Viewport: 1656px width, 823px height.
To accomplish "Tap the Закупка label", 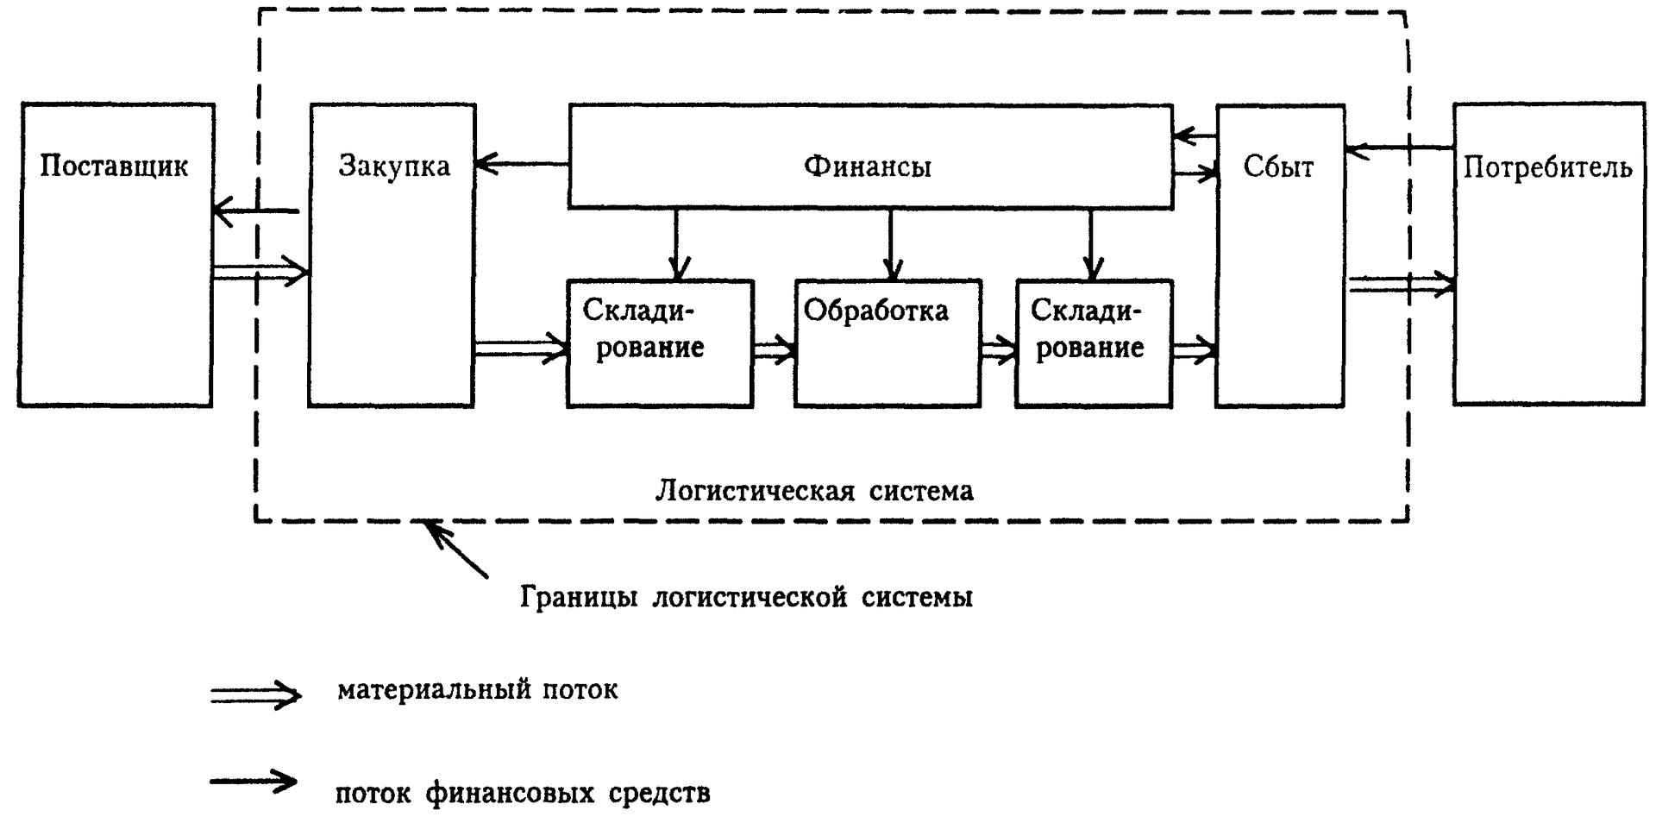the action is (394, 166).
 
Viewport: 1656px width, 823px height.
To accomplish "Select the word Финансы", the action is (868, 166).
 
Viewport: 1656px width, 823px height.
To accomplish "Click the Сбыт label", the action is (1278, 166).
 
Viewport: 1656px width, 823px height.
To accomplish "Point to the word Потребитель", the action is (1547, 167).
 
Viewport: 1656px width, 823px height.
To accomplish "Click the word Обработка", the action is (875, 311).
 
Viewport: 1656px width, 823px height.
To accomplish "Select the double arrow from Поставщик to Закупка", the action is (260, 273).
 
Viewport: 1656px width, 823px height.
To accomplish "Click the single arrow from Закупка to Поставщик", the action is (255, 210).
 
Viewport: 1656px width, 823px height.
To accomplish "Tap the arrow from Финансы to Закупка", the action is (522, 163).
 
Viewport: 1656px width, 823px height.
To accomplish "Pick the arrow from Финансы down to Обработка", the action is (891, 244).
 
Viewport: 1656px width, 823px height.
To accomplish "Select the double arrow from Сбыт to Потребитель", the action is (1400, 285).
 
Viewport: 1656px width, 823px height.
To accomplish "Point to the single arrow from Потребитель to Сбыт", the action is (1400, 148).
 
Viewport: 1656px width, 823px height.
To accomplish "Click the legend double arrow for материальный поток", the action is (256, 694).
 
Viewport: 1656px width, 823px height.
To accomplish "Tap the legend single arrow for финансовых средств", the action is (254, 782).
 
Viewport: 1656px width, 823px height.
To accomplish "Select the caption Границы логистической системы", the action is (747, 597).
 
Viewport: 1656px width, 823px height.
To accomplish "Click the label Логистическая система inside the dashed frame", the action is (814, 491).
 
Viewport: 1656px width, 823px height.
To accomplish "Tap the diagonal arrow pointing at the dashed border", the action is (457, 549).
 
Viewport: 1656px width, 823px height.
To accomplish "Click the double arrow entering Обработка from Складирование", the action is (775, 349).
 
